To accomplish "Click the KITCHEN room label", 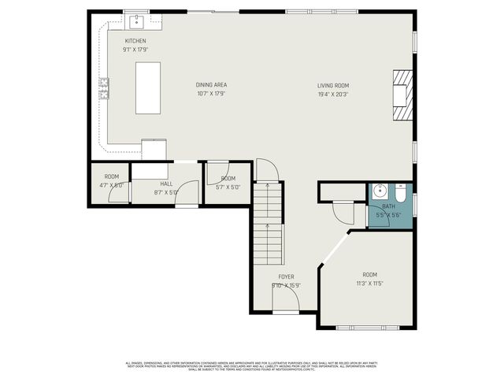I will pyautogui.click(x=135, y=41).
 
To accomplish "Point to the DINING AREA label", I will pyautogui.click(x=212, y=85).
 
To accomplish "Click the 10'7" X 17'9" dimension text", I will pyautogui.click(x=212, y=93).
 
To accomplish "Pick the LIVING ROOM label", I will pyautogui.click(x=333, y=85).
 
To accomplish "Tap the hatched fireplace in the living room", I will pyautogui.click(x=402, y=94).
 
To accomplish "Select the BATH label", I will pyautogui.click(x=389, y=206).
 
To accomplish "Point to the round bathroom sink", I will pyautogui.click(x=379, y=191).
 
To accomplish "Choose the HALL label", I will pyautogui.click(x=167, y=183).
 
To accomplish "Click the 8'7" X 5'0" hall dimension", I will pyautogui.click(x=167, y=191).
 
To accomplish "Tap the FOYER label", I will pyautogui.click(x=287, y=277).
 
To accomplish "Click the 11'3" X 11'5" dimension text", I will pyautogui.click(x=369, y=283).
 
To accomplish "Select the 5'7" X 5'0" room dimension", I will pyautogui.click(x=228, y=187).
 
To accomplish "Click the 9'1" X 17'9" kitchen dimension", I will pyautogui.click(x=135, y=49).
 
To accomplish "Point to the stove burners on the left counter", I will pyautogui.click(x=102, y=88).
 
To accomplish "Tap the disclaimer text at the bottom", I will pyautogui.click(x=252, y=365).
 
